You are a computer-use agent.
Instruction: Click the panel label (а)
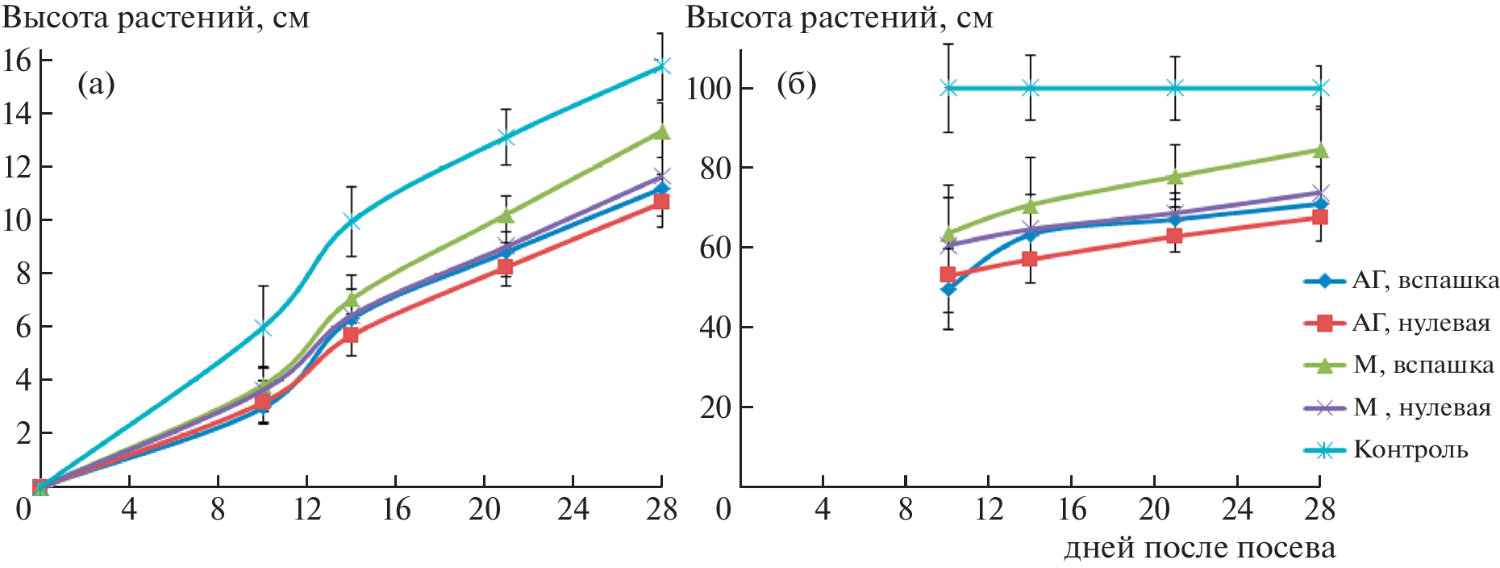coord(96,84)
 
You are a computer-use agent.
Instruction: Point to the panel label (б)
coord(796,84)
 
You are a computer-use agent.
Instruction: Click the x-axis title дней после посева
coord(1199,548)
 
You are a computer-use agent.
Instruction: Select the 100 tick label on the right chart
coord(709,88)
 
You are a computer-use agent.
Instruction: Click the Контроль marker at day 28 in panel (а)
coord(661,65)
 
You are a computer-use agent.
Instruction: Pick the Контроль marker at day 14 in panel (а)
coord(351,220)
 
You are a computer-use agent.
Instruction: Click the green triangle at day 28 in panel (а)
coord(661,132)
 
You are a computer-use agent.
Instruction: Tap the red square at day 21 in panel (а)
coord(505,266)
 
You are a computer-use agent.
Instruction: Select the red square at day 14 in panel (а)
coord(351,334)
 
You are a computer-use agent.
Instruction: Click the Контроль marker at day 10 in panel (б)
coord(948,88)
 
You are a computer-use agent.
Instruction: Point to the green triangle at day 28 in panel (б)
coord(1320,150)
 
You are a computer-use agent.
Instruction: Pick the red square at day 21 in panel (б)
coord(1175,236)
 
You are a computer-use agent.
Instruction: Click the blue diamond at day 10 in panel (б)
coord(948,288)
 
